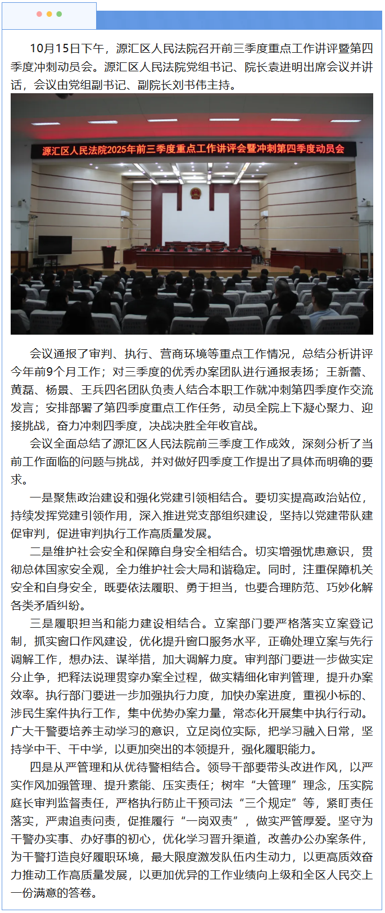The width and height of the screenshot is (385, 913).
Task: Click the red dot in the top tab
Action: coord(39,14)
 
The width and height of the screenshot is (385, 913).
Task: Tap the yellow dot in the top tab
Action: coord(49,14)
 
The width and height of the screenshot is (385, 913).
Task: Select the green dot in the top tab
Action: coord(60,14)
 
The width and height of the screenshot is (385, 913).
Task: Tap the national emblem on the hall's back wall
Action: coord(194,193)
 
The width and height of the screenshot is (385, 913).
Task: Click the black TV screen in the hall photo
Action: coord(55,245)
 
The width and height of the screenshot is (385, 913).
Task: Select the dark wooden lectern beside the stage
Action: coord(108,256)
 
